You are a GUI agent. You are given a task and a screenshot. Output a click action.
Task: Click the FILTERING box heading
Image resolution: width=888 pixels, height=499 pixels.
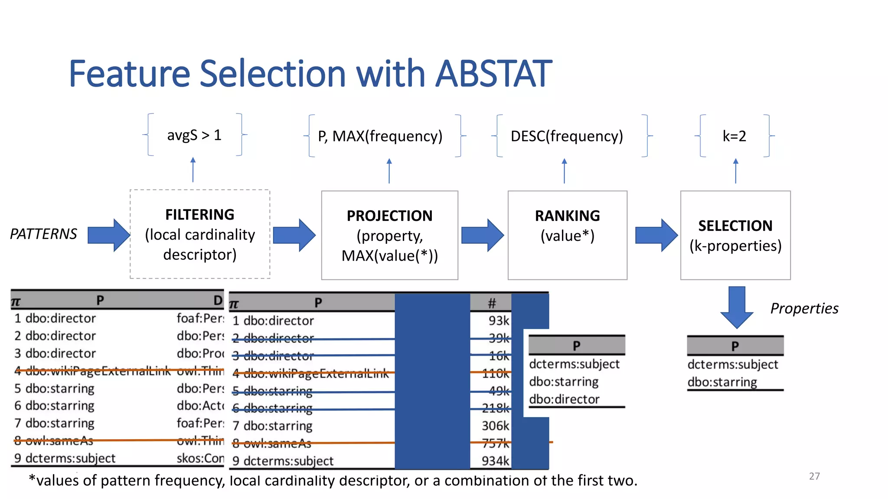click(x=199, y=214)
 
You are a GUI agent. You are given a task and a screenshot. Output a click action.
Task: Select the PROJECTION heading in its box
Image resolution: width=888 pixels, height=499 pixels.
click(x=389, y=216)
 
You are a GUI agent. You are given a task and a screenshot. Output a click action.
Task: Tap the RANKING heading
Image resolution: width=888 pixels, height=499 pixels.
click(x=567, y=216)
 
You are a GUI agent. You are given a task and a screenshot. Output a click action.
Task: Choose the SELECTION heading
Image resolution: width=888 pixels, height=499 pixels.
click(x=735, y=226)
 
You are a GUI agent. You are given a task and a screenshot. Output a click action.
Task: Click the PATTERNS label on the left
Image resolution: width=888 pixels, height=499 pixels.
click(x=43, y=234)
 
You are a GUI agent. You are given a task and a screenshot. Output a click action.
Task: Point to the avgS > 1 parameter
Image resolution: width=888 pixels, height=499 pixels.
click(x=194, y=135)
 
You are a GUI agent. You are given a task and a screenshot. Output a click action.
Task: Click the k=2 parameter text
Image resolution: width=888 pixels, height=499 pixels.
click(x=734, y=136)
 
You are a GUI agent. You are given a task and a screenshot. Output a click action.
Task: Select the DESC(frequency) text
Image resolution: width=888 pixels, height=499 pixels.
click(x=566, y=136)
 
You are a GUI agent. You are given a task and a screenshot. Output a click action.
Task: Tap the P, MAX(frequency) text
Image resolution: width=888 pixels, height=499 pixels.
click(x=380, y=136)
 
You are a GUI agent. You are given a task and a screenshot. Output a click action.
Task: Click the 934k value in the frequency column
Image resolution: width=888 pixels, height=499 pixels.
click(x=495, y=461)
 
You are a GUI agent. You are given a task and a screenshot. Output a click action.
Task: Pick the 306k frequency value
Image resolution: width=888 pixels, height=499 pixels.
click(x=495, y=426)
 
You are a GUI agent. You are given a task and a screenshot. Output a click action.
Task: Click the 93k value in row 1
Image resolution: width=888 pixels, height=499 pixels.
click(x=499, y=321)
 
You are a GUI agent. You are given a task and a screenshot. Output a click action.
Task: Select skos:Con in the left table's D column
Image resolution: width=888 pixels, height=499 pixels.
click(x=200, y=458)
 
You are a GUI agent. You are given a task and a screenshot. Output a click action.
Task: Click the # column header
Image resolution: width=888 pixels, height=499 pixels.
click(x=491, y=303)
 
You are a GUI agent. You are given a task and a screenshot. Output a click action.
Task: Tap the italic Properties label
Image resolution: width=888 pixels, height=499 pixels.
click(x=804, y=308)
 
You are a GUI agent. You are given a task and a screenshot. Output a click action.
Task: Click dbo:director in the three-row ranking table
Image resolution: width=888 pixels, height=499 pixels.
click(x=564, y=399)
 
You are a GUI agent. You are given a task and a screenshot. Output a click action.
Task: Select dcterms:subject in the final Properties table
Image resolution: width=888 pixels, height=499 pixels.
click(x=732, y=364)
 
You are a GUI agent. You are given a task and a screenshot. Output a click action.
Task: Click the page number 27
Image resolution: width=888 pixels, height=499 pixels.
click(x=814, y=476)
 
